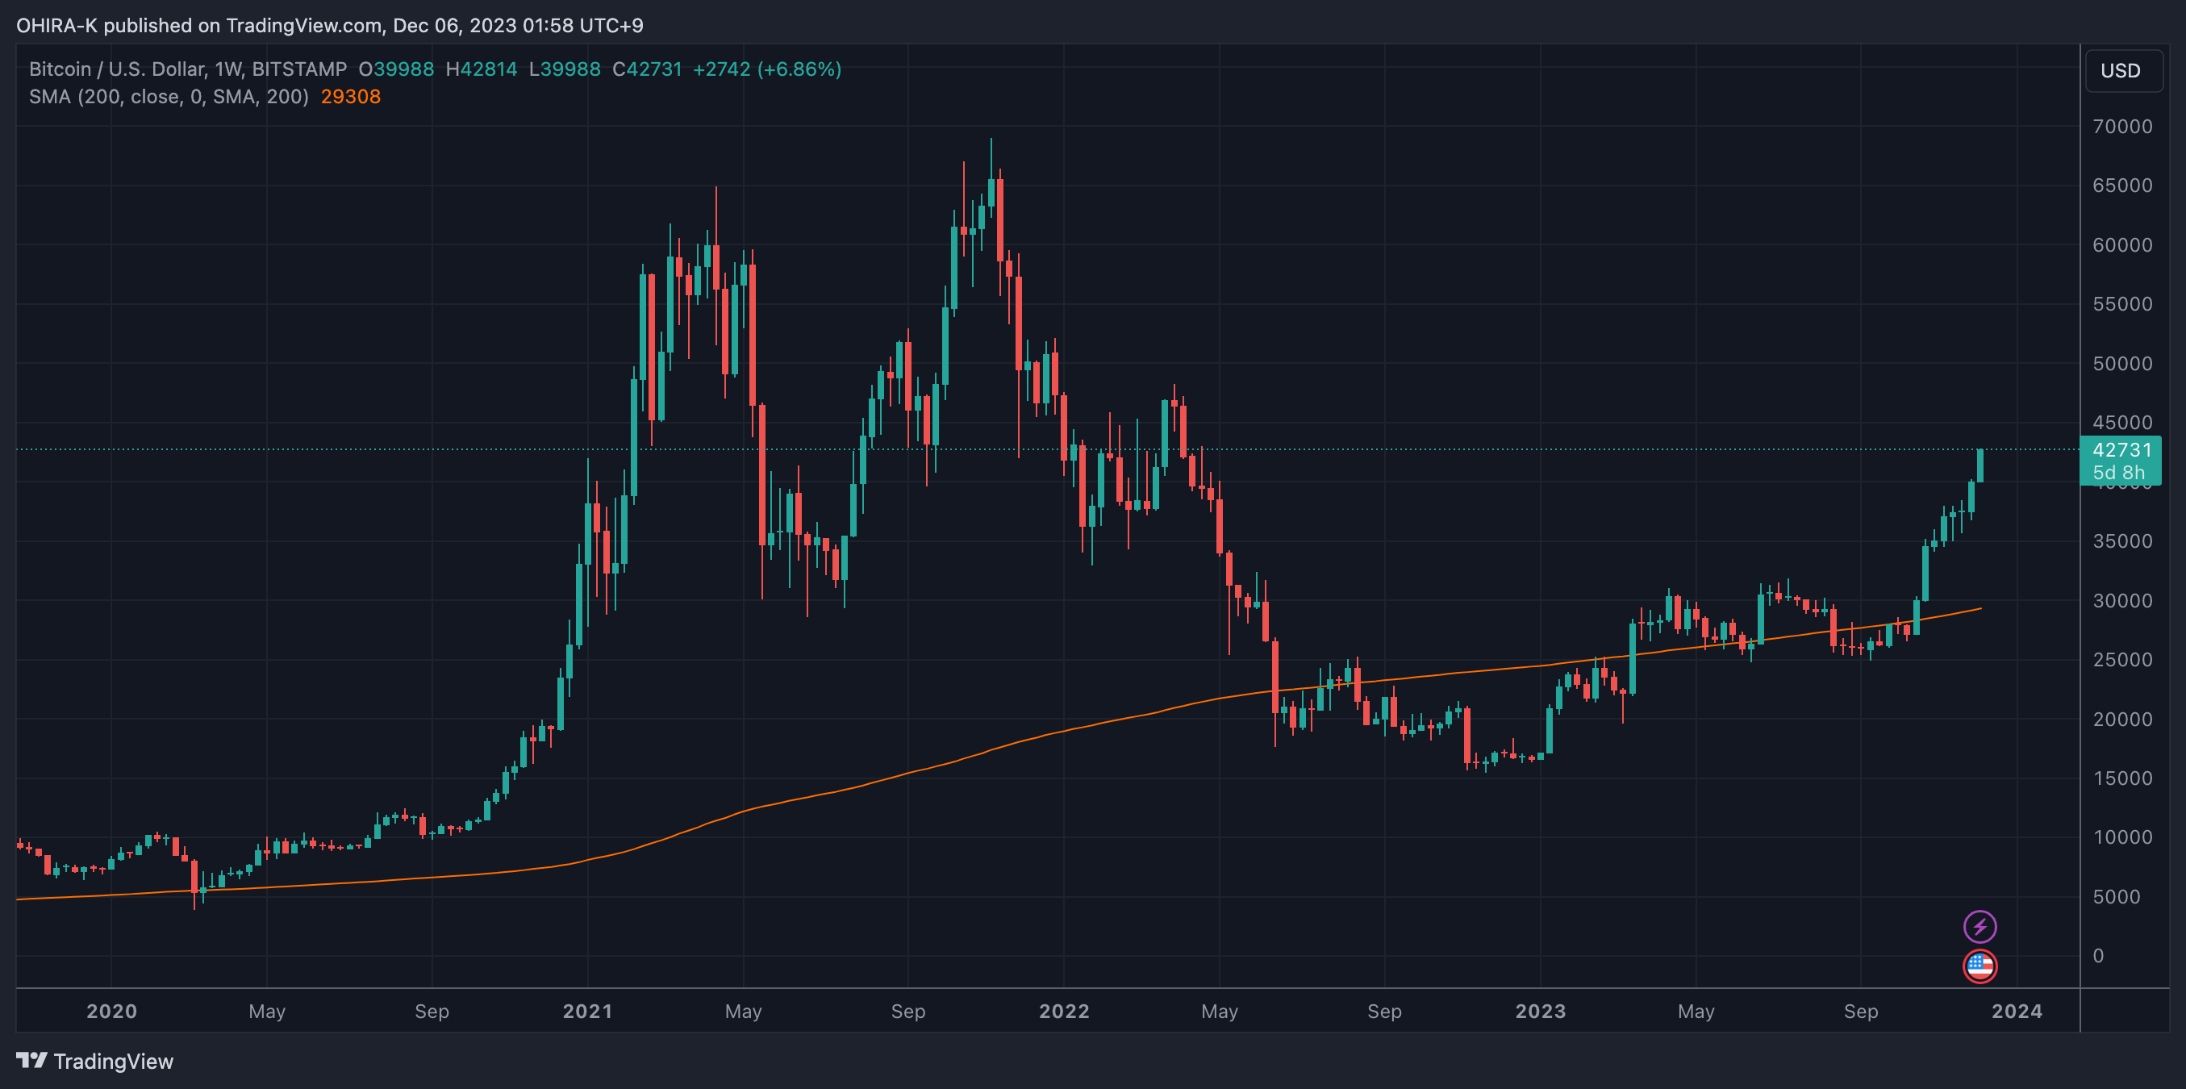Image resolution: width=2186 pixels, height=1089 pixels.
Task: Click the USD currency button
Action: (2120, 70)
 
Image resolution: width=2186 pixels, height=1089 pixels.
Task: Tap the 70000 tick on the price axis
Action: (2121, 127)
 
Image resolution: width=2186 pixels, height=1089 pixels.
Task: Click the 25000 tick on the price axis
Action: (2121, 660)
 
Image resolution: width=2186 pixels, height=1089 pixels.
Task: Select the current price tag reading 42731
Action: (2120, 451)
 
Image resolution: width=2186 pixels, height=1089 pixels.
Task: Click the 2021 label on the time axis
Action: (587, 1011)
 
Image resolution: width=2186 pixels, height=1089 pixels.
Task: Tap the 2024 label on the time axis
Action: (2017, 1011)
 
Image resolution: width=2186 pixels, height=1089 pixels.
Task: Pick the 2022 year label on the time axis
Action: (1063, 1011)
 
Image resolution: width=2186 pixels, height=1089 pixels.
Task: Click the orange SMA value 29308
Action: (350, 97)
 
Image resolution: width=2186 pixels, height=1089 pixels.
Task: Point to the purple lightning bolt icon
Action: (1979, 926)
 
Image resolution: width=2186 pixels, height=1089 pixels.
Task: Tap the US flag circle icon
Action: (1979, 966)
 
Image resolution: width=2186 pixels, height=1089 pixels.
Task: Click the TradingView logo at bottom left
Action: (95, 1061)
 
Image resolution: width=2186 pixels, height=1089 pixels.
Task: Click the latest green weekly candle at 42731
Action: (1979, 465)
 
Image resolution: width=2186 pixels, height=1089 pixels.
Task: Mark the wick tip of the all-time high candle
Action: (991, 140)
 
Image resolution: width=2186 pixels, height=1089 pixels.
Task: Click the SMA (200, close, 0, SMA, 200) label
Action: (168, 97)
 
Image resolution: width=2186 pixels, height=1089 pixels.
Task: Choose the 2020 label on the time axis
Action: (111, 1011)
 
